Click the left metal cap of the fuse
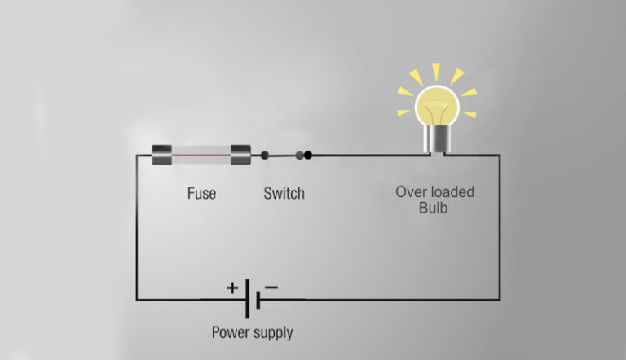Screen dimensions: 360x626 [162, 155]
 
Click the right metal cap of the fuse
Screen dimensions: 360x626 [240, 155]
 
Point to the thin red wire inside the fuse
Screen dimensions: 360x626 [201, 155]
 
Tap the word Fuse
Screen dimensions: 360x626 [201, 194]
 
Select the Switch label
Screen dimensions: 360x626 [284, 194]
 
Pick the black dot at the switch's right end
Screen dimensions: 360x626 [308, 154]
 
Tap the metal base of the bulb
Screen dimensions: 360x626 [435, 140]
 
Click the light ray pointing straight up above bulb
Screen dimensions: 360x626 [435, 71]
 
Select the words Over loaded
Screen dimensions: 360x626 [434, 192]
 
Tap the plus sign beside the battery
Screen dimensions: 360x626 [232, 287]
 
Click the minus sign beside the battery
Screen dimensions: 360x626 [271, 287]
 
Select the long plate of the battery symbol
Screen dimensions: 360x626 [247, 300]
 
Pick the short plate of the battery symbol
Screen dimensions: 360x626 [258, 300]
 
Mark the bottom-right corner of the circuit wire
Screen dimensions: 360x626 [500, 300]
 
